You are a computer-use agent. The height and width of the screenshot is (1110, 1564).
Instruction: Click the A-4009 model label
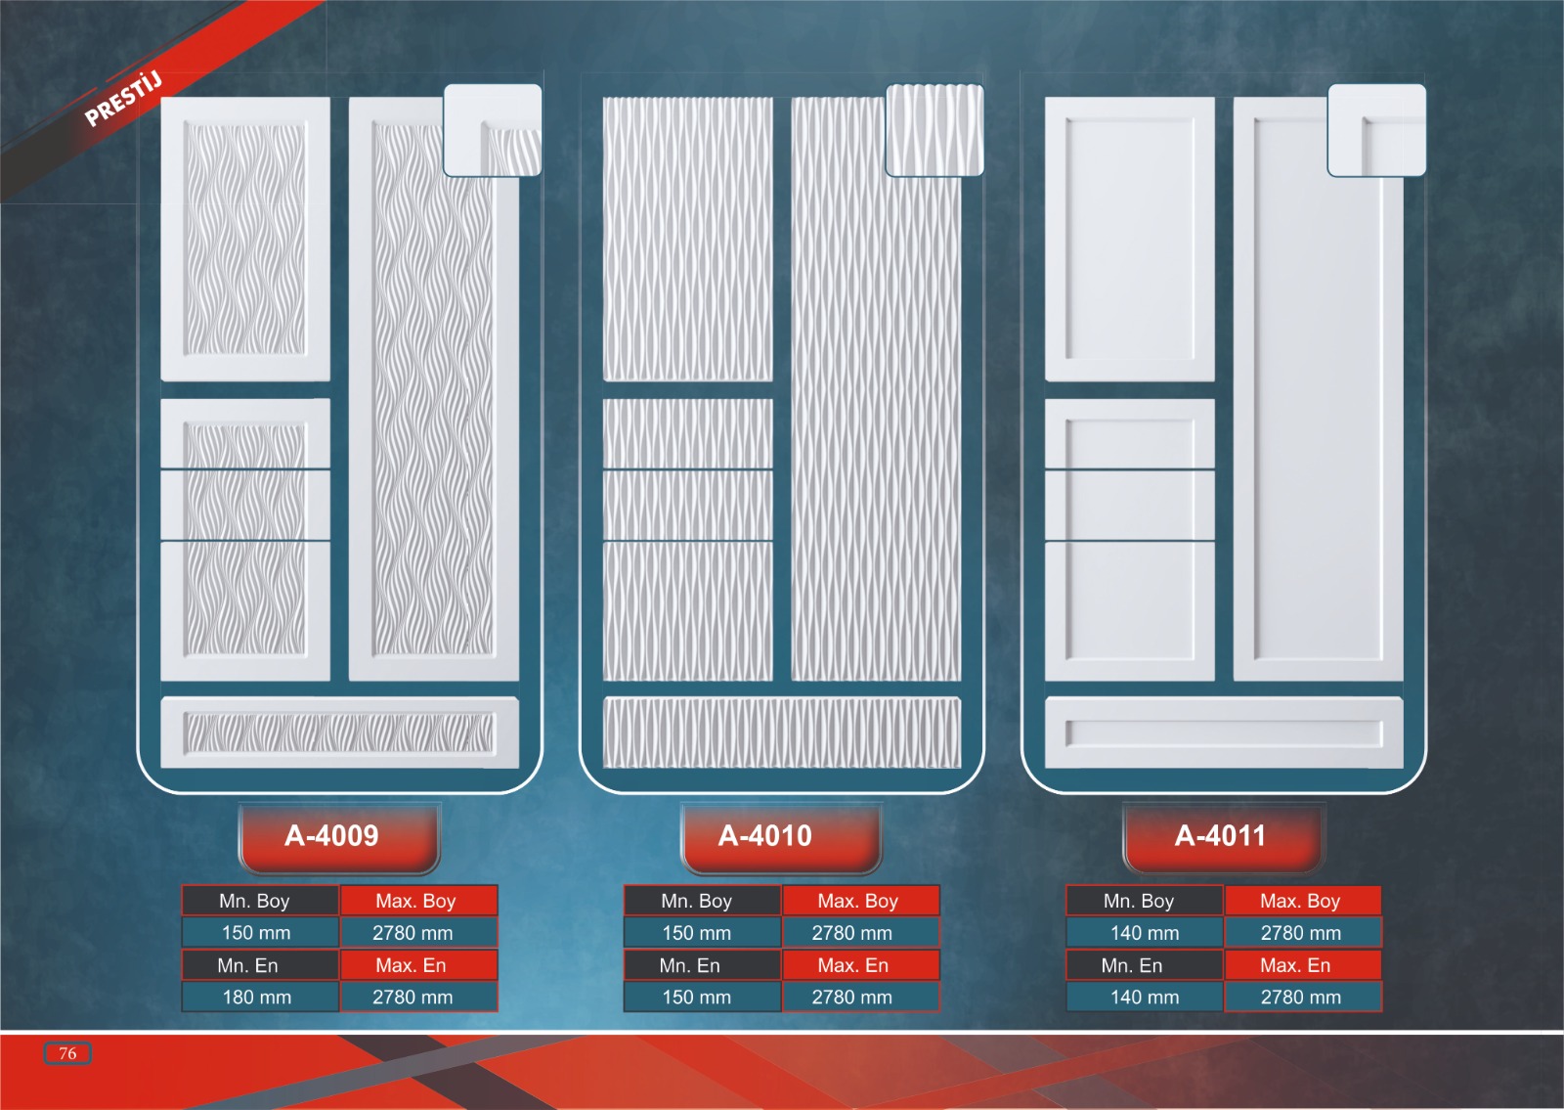pyautogui.click(x=332, y=836)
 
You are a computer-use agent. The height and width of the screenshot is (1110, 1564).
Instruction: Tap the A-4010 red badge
pyautogui.click(x=765, y=836)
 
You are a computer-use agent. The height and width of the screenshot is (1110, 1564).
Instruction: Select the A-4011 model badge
pyautogui.click(x=1220, y=836)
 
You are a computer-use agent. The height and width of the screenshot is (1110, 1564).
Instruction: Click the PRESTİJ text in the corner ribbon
pyautogui.click(x=123, y=99)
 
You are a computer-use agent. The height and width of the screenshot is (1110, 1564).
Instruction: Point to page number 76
pyautogui.click(x=67, y=1053)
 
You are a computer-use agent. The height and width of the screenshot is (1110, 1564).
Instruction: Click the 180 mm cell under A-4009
pyautogui.click(x=258, y=998)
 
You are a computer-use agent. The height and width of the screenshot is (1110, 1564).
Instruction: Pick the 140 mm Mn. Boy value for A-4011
pyautogui.click(x=1145, y=933)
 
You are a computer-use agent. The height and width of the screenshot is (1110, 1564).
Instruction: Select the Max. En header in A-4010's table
pyautogui.click(x=853, y=965)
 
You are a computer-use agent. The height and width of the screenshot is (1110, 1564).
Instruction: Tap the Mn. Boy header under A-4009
pyautogui.click(x=255, y=901)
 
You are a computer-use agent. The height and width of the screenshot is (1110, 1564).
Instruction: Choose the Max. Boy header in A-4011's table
pyautogui.click(x=1300, y=901)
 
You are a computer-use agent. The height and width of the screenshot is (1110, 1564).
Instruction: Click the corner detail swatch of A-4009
pyautogui.click(x=493, y=130)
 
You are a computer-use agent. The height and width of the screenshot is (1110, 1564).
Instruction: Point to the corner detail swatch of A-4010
pyautogui.click(x=934, y=130)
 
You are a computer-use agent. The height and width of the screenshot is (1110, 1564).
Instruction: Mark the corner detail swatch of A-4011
pyautogui.click(x=1376, y=130)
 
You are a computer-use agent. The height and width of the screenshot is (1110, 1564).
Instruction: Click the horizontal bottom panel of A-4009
pyautogui.click(x=339, y=733)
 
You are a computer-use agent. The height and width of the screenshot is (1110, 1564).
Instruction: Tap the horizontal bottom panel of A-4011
pyautogui.click(x=1224, y=733)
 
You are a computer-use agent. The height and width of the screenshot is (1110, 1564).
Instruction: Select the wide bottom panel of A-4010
pyautogui.click(x=782, y=733)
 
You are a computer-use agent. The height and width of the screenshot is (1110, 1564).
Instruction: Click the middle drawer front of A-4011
pyautogui.click(x=1130, y=505)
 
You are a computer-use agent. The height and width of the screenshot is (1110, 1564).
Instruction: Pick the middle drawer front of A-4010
pyautogui.click(x=688, y=505)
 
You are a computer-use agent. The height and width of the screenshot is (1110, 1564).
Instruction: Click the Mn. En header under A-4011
pyautogui.click(x=1132, y=965)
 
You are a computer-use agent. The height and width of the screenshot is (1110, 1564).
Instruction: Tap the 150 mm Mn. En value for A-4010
pyautogui.click(x=697, y=998)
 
